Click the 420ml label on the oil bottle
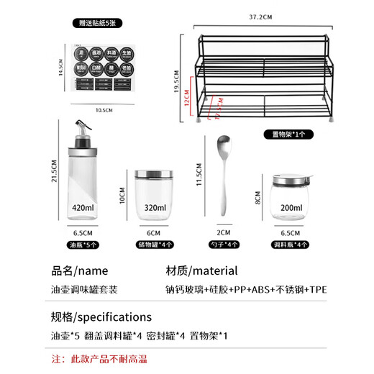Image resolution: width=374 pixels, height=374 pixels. click(x=83, y=207)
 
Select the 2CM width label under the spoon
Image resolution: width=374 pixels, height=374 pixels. click(x=223, y=232)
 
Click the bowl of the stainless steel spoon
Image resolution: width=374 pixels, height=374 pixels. click(x=222, y=150)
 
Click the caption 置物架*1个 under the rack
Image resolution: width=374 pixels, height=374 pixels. click(x=288, y=134)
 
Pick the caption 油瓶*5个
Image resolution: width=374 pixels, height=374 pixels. click(x=83, y=245)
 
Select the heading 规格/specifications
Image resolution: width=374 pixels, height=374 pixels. click(x=101, y=316)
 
